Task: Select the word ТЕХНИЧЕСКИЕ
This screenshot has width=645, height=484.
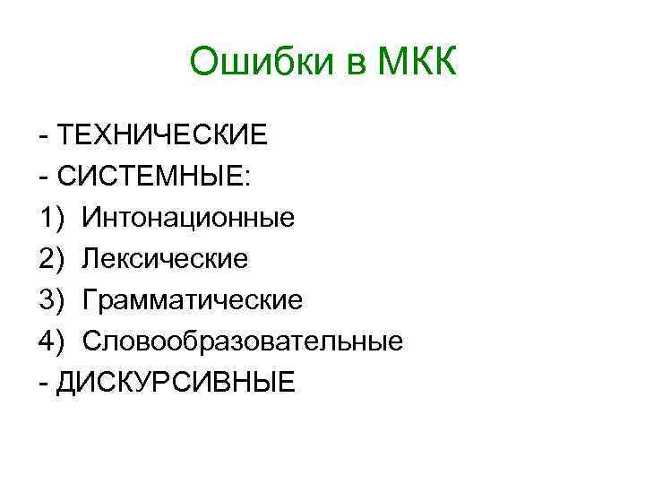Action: tap(161, 135)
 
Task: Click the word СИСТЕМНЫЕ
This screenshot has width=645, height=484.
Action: tap(148, 177)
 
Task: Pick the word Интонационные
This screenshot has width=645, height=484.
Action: tap(189, 218)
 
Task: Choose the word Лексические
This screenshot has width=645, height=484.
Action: tap(165, 259)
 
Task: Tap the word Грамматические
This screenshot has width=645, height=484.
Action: tap(193, 300)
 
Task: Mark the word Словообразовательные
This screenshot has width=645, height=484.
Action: tap(243, 341)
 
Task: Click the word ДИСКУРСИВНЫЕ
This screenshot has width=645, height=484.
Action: tap(174, 383)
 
